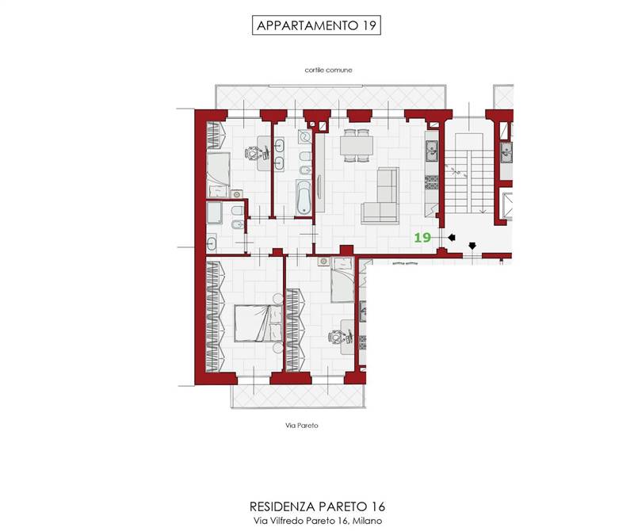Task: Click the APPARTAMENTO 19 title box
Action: [316, 25]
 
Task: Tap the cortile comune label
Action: [328, 70]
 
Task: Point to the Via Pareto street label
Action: [302, 426]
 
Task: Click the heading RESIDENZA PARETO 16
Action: [317, 506]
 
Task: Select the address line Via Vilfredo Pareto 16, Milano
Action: [318, 521]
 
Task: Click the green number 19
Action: [422, 237]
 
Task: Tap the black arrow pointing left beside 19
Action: [451, 238]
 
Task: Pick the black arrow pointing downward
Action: [472, 246]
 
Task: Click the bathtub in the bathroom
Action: [304, 197]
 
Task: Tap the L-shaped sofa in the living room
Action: [380, 196]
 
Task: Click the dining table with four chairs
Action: [357, 146]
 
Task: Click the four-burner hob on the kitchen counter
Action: [431, 182]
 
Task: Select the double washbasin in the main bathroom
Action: [279, 154]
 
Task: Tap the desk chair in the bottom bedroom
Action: [335, 336]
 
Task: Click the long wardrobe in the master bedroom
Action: [215, 316]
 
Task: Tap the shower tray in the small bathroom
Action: [214, 212]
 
